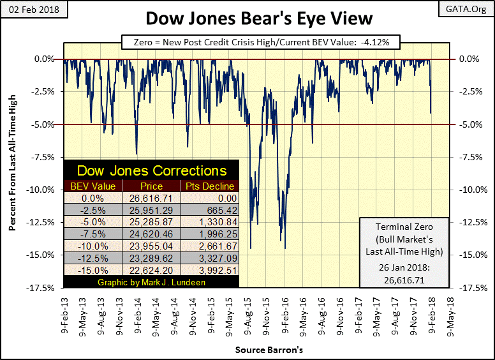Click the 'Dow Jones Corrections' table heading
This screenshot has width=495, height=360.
click(x=152, y=170)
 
